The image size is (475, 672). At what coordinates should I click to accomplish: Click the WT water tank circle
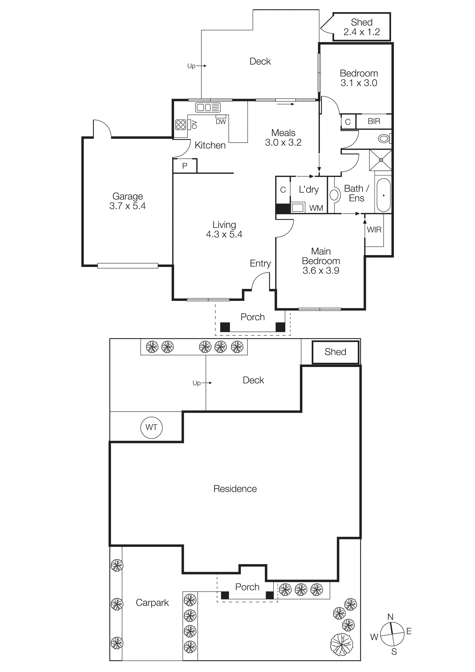coord(151,427)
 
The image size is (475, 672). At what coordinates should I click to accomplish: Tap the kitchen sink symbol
coord(208,107)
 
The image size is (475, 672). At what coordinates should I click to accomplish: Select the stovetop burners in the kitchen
coord(180,125)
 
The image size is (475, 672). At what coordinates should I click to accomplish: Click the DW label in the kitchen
coord(221,122)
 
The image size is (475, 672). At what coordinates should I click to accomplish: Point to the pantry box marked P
coord(185,166)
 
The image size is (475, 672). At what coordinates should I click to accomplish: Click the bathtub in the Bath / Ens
coord(383,195)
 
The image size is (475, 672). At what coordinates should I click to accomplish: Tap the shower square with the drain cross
coord(381,160)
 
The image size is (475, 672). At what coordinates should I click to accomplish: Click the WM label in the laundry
coord(316,208)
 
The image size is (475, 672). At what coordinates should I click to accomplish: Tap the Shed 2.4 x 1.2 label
coord(362,27)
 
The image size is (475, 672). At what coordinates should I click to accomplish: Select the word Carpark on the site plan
coord(152,603)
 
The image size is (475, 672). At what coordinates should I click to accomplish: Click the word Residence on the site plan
coord(235,489)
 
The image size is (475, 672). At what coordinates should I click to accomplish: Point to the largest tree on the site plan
coord(341,644)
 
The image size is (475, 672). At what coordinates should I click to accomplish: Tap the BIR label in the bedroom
coord(374,121)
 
